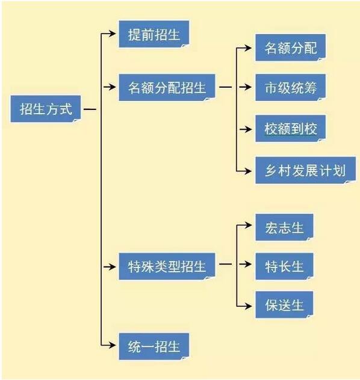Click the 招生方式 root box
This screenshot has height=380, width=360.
tap(46, 109)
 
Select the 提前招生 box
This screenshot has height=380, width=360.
tap(154, 34)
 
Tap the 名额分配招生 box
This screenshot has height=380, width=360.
tap(167, 88)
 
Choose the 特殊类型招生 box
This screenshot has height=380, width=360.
tap(167, 266)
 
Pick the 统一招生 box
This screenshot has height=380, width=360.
tap(154, 346)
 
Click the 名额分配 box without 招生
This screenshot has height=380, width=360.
tap(290, 47)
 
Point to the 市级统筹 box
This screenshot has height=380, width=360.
tap(290, 88)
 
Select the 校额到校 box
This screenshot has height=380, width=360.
tap(290, 129)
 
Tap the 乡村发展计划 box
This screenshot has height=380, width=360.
tap(306, 170)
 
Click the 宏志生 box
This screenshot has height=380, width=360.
tap(284, 227)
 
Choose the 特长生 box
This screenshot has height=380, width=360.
tap(284, 266)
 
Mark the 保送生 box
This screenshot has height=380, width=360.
tap(284, 305)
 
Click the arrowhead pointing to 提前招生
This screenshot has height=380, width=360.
tap(112, 33)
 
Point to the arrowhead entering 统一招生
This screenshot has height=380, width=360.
tap(112, 345)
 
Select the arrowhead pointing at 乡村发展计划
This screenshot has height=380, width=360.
tap(247, 171)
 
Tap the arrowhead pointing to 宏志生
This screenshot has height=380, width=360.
tap(247, 225)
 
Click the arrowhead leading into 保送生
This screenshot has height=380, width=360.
tap(247, 306)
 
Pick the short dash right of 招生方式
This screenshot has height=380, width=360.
tap(90, 109)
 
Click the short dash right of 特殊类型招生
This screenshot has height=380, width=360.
tap(225, 264)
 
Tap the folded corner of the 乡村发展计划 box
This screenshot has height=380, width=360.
tap(350, 182)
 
